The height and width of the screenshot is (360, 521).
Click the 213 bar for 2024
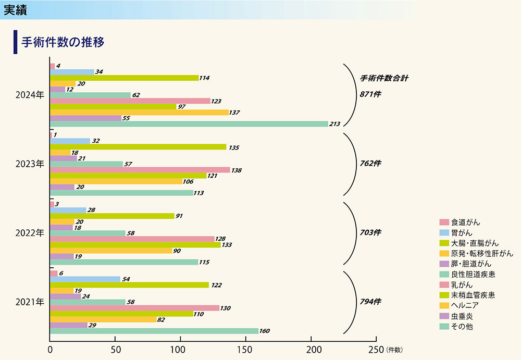click(x=189, y=124)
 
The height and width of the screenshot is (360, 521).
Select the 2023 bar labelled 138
click(x=140, y=170)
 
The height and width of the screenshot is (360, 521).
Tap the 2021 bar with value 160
click(x=154, y=331)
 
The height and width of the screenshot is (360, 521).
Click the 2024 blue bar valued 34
click(x=72, y=72)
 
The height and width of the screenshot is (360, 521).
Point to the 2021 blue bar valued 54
click(x=85, y=279)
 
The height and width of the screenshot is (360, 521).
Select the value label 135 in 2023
click(x=234, y=147)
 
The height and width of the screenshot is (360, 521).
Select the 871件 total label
click(x=370, y=94)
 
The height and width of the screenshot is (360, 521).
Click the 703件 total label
click(x=370, y=232)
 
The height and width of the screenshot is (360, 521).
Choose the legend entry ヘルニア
click(x=465, y=306)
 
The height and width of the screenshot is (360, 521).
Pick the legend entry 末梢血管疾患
click(x=473, y=295)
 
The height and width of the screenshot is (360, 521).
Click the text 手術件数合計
click(x=384, y=79)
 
